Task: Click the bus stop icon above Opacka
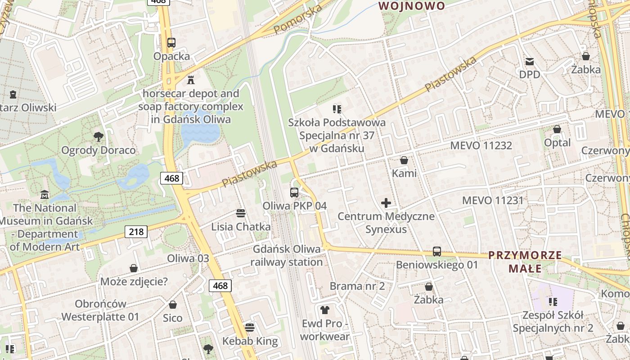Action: [171, 43]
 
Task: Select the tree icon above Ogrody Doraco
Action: [98, 137]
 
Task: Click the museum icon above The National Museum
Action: [45, 195]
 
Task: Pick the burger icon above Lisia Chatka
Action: [241, 213]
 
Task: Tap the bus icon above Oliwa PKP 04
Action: [294, 193]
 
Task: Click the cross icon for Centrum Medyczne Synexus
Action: [386, 203]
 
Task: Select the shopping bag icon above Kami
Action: [404, 160]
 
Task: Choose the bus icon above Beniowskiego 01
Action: [436, 252]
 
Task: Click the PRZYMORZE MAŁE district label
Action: [525, 262]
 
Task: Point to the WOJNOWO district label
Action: [412, 6]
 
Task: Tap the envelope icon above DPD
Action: [529, 61]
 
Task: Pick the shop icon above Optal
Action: [557, 130]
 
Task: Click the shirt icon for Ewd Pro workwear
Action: [324, 310]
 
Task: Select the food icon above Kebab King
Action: [250, 328]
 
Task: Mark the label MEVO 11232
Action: [481, 145]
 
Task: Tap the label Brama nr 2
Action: [357, 286]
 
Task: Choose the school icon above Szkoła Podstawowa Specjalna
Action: [337, 109]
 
